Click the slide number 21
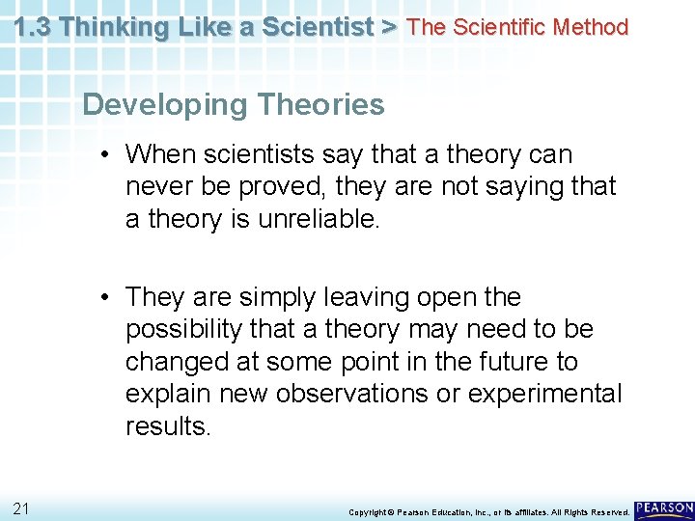click(21, 507)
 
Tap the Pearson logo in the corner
click(664, 509)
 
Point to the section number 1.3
click(34, 27)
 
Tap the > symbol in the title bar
click(388, 27)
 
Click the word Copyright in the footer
click(367, 511)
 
